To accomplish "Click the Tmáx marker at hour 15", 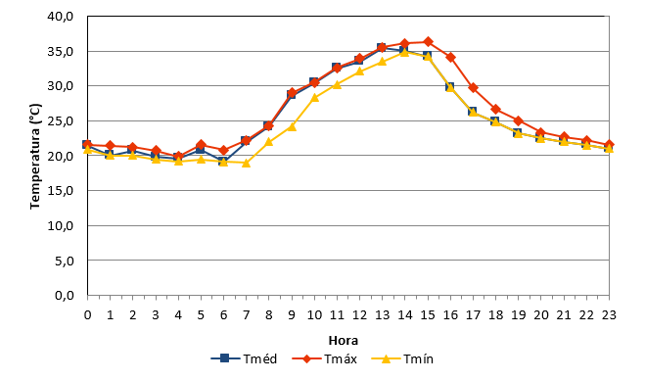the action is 428,41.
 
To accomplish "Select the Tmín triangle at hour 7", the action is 246,163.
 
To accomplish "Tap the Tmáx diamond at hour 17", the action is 473,87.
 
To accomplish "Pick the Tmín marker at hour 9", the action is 292,126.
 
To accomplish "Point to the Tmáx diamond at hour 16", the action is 450,57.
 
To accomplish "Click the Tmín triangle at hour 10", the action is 315,98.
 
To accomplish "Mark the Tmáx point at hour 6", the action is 223,150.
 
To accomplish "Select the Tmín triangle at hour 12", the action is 360,71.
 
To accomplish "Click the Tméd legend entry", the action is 244,358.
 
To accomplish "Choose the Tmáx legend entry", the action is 325,358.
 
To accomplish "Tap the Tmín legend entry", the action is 402,358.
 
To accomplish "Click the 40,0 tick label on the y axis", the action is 60,17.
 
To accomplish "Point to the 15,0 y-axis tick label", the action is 60,190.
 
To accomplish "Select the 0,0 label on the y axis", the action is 65,296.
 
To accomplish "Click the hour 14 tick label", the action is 405,315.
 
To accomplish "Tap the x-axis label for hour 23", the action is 609,315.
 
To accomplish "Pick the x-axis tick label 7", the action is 246,315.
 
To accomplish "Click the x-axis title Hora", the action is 344,341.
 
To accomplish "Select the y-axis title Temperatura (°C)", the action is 35,156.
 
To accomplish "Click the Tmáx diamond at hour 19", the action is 519,121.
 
